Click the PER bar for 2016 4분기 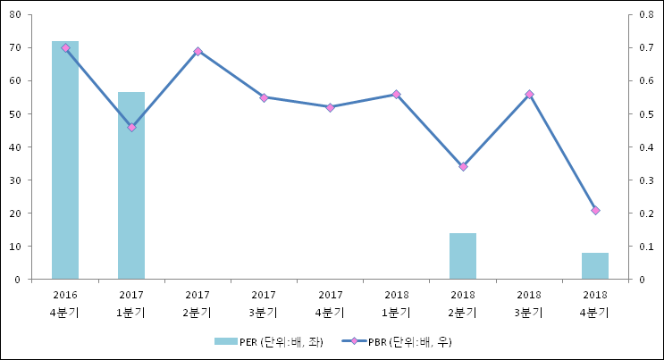click(65, 160)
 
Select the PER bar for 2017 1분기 click(131, 185)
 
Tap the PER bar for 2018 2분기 click(463, 255)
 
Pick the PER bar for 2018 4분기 click(595, 265)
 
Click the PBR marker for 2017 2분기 click(198, 51)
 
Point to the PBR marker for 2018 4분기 click(595, 210)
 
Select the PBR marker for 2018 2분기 click(463, 167)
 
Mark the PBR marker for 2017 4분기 click(330, 107)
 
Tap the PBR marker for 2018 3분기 click(529, 94)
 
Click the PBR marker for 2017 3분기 click(264, 97)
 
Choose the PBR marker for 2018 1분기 click(396, 94)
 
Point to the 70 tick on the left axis click(17, 47)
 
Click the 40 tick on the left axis click(17, 147)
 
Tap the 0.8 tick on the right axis click(647, 14)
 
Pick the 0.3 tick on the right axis click(647, 180)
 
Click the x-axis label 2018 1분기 click(396, 303)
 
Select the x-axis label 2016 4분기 click(65, 303)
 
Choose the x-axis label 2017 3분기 click(264, 303)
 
